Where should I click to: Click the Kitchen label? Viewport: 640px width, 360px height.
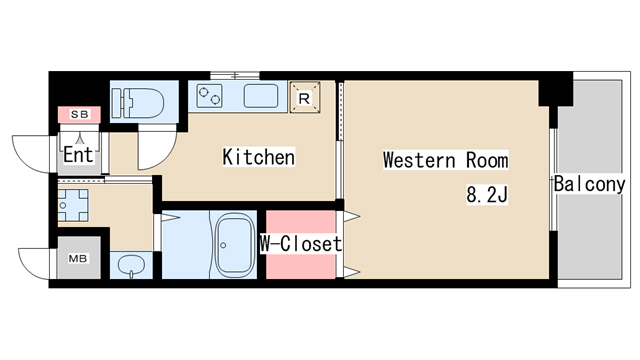258,157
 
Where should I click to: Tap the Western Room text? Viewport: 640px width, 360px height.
446,160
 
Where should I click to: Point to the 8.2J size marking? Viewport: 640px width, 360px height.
487,195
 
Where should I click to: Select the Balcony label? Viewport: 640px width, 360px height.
589,184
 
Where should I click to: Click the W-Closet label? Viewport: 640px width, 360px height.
301,244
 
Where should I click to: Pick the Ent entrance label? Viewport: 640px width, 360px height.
78,155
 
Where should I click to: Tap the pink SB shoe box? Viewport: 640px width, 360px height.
79,115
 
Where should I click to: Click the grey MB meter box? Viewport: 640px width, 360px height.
79,258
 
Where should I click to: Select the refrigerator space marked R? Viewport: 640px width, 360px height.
304,98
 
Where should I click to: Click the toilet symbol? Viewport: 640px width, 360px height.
138,102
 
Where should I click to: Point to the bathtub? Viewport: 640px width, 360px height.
233,245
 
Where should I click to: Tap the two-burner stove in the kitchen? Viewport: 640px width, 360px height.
209,96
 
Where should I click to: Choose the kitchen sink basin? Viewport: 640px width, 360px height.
261,96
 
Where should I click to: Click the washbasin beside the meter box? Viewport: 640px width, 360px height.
131,266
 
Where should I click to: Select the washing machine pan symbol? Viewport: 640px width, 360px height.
73,205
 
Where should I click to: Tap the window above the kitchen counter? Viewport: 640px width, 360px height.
235,76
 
